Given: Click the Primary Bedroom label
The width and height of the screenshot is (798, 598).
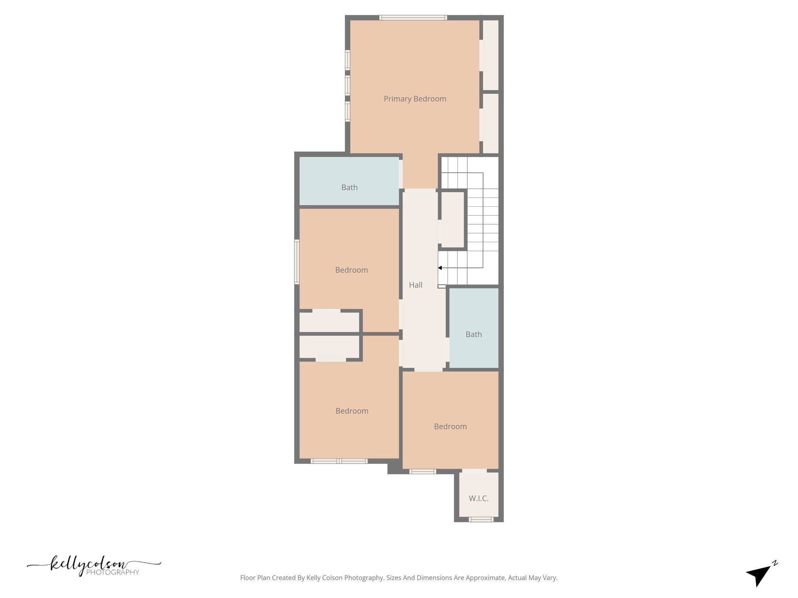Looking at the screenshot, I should (415, 99).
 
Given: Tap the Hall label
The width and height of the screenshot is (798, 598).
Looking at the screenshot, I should (415, 285).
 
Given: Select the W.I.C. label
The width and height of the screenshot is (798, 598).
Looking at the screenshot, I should (478, 498).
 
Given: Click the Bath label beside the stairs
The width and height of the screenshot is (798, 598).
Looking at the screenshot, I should (473, 334).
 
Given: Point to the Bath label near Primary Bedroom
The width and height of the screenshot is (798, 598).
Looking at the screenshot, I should (349, 188).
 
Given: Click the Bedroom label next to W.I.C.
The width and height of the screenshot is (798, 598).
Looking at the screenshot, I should (450, 427).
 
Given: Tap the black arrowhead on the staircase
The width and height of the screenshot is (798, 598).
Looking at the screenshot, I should (440, 268).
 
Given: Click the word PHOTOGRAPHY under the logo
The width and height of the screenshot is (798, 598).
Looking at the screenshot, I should (113, 572).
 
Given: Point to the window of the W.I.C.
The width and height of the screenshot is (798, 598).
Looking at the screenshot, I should (481, 519).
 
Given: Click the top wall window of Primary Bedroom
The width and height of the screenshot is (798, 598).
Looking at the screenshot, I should (413, 18).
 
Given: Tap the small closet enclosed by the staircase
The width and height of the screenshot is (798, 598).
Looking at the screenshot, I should (452, 219).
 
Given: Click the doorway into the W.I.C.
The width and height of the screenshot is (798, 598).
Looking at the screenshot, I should (474, 471).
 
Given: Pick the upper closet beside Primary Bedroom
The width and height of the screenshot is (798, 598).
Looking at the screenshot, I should (491, 55).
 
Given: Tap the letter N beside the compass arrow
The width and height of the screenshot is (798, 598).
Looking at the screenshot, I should (775, 563).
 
